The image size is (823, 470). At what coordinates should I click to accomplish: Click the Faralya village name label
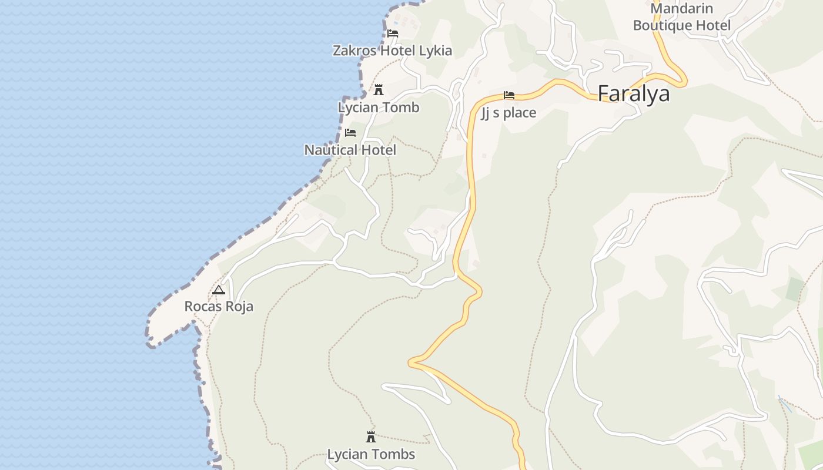tap(633, 93)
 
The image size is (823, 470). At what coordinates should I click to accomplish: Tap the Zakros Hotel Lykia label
tap(392, 51)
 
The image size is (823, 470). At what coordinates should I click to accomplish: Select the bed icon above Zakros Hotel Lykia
tap(393, 33)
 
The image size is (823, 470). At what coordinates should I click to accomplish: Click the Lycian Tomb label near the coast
tap(379, 108)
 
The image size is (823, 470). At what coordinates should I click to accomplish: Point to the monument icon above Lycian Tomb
tap(379, 90)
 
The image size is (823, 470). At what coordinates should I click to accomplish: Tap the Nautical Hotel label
tap(350, 150)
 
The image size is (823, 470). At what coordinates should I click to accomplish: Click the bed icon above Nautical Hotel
tap(350, 133)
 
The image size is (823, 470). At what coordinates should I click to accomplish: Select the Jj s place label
tap(508, 113)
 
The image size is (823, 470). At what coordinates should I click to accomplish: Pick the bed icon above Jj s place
tap(509, 95)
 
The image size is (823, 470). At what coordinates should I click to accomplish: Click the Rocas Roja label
tap(219, 306)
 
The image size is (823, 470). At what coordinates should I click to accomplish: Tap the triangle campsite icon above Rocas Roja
tap(219, 290)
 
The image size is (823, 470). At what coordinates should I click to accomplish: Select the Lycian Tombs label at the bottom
tap(371, 454)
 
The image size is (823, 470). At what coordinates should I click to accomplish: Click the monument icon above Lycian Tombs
tap(371, 437)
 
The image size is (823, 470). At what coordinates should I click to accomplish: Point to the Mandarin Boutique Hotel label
tap(682, 17)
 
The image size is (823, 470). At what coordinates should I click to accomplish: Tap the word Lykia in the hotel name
tap(436, 51)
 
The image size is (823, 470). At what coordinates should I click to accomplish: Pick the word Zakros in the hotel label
tap(354, 51)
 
